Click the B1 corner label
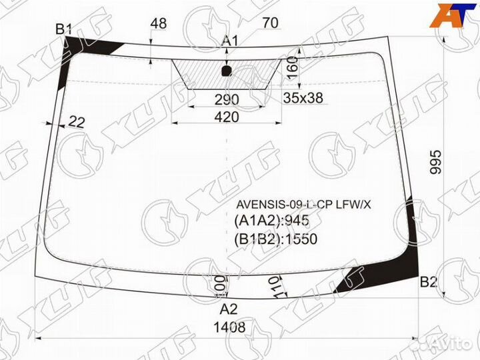click(64, 29)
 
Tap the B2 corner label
click(428, 283)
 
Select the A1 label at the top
click(230, 41)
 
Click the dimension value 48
click(159, 23)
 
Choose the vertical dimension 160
click(291, 67)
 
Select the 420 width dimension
click(227, 117)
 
